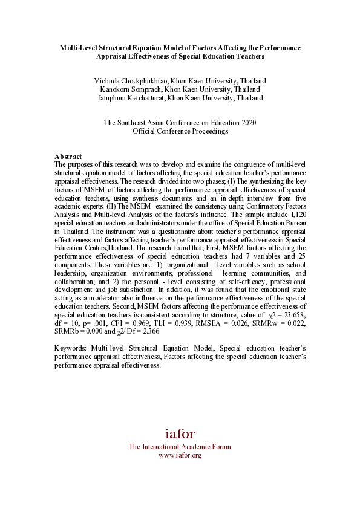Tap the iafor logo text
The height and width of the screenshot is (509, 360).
coord(180,433)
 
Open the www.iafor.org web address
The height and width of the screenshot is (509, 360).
coord(180,455)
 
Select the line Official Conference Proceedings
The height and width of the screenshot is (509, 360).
coord(180,131)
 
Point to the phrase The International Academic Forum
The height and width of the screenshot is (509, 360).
coord(180,447)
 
